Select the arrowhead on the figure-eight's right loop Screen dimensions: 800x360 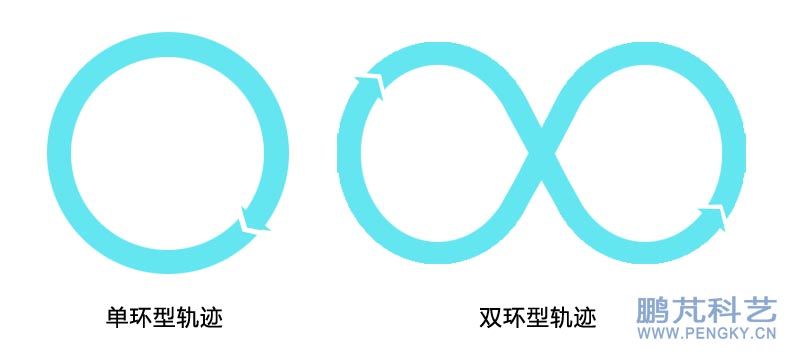tap(712, 215)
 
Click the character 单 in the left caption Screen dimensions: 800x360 tap(117, 317)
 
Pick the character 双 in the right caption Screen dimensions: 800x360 tap(490, 317)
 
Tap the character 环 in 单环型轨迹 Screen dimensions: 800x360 tap(140, 317)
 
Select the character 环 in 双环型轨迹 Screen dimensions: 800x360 tap(513, 317)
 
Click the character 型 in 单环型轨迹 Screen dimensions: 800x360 tap(163, 317)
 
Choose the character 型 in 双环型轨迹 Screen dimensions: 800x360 tap(536, 317)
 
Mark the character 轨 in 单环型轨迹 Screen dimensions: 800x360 tap(186, 317)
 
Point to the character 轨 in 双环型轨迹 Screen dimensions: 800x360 tap(559, 317)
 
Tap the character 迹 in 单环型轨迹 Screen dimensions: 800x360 tap(209, 317)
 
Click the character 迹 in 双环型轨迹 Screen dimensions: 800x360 tap(583, 317)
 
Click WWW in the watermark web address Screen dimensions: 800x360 tap(652, 337)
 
